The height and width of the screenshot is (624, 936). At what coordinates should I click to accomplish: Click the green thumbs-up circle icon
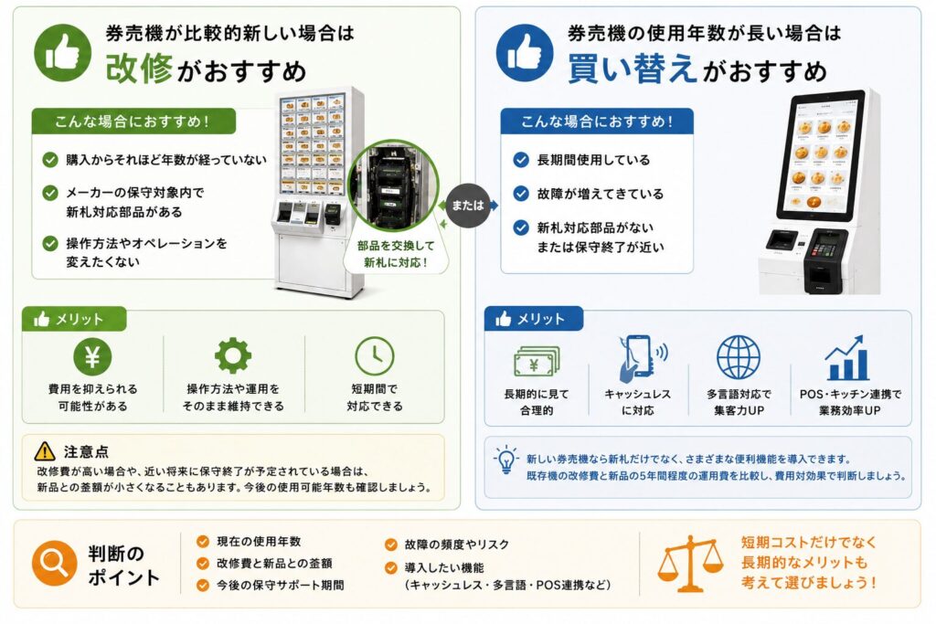[x=63, y=52]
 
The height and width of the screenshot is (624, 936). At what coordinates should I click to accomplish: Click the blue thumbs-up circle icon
[x=525, y=52]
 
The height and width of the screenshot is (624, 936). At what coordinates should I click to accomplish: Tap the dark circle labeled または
[x=467, y=206]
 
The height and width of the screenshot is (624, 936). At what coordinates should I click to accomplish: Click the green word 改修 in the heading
[x=139, y=68]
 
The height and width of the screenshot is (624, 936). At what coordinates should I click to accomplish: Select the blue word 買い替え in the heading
[x=633, y=68]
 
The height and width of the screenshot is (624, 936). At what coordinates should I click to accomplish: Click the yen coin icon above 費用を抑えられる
[x=92, y=356]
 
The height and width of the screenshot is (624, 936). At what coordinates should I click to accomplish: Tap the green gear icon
[x=233, y=356]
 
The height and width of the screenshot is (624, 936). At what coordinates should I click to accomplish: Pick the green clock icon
[x=374, y=356]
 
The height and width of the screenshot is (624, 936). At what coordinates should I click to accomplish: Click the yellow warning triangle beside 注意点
[x=46, y=451]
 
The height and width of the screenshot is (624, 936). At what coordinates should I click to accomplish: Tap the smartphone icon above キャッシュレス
[x=638, y=358]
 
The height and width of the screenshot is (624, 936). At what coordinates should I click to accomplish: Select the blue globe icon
[x=739, y=357]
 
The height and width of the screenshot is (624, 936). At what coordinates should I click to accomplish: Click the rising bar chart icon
[x=846, y=358]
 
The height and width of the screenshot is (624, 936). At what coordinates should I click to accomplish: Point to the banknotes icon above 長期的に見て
[x=537, y=362]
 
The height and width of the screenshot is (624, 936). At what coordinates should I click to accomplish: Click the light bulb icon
[x=506, y=460]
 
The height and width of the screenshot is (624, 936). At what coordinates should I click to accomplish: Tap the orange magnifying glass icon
[x=54, y=563]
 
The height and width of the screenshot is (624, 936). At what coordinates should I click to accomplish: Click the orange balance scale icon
[x=690, y=563]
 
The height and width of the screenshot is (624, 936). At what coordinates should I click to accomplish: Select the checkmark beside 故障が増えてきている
[x=521, y=194]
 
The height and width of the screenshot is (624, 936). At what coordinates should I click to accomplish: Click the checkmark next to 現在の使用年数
[x=203, y=541]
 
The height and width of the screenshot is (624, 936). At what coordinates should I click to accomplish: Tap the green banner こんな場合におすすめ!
[x=133, y=122]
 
